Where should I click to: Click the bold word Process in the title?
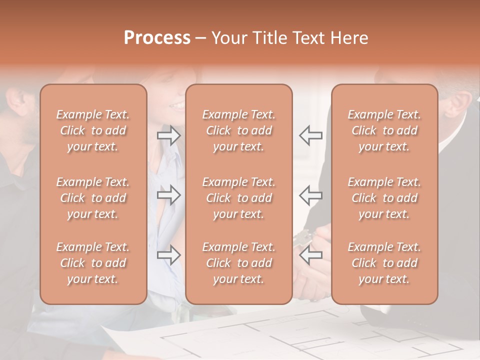coord(157,38)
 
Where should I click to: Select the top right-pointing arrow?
coord(169,135)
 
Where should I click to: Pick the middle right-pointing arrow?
coord(169,195)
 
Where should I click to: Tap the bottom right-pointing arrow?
coord(169,255)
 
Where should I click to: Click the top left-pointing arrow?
coord(311,135)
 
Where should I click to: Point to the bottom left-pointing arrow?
coord(311,255)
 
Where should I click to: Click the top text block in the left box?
coord(93,130)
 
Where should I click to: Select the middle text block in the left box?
coord(93,198)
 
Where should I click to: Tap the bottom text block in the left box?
coord(93,263)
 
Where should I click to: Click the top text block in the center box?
coord(238,130)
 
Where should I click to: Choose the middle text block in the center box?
coord(238,198)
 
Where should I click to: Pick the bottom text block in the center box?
coord(238,263)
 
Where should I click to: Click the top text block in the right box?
coord(384,130)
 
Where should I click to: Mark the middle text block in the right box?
coord(384,198)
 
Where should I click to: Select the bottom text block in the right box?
coord(384,263)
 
